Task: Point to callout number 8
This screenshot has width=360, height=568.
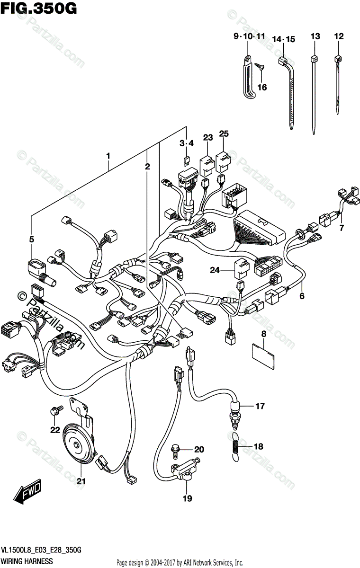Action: [264, 334]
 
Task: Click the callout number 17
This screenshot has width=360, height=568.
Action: [260, 406]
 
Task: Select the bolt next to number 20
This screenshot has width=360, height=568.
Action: [174, 449]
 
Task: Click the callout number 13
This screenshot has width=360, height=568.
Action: [315, 36]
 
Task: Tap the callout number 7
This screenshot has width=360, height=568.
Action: [340, 229]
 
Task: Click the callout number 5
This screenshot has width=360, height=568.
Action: [31, 240]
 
